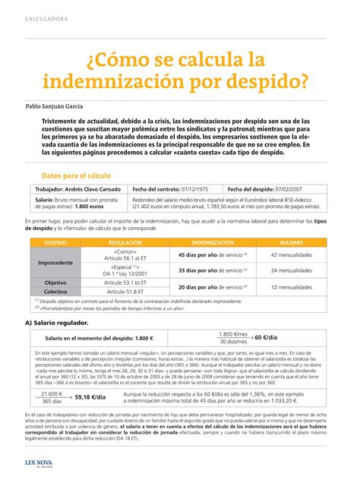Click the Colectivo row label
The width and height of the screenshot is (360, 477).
[55, 291]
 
